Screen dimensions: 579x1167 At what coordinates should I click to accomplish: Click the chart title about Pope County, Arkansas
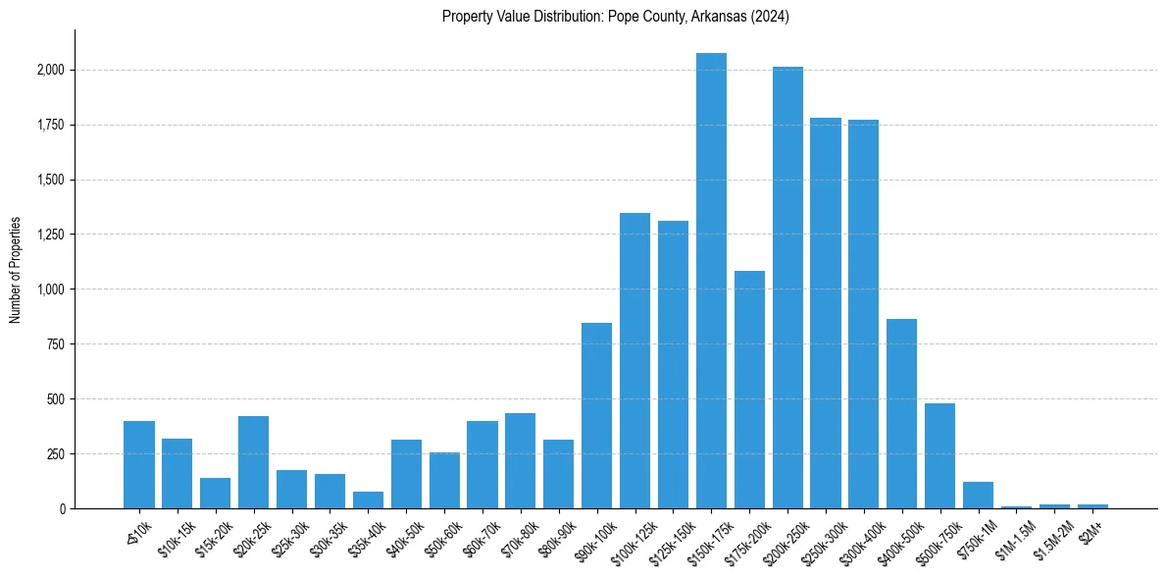click(x=615, y=17)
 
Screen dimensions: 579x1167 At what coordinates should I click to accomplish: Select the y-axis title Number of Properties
click(x=16, y=269)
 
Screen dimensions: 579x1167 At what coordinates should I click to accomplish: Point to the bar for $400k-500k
click(x=902, y=413)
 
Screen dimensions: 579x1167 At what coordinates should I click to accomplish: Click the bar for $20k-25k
click(x=253, y=462)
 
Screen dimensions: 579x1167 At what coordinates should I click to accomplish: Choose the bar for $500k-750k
click(x=939, y=455)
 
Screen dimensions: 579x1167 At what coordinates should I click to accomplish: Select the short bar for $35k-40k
click(x=368, y=500)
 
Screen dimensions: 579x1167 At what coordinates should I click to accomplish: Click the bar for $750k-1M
click(x=978, y=495)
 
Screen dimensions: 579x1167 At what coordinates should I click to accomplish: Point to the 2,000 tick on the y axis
click(x=51, y=71)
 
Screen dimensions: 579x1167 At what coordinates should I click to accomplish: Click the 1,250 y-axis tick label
click(x=51, y=235)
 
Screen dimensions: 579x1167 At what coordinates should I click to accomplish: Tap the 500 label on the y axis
click(x=56, y=399)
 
